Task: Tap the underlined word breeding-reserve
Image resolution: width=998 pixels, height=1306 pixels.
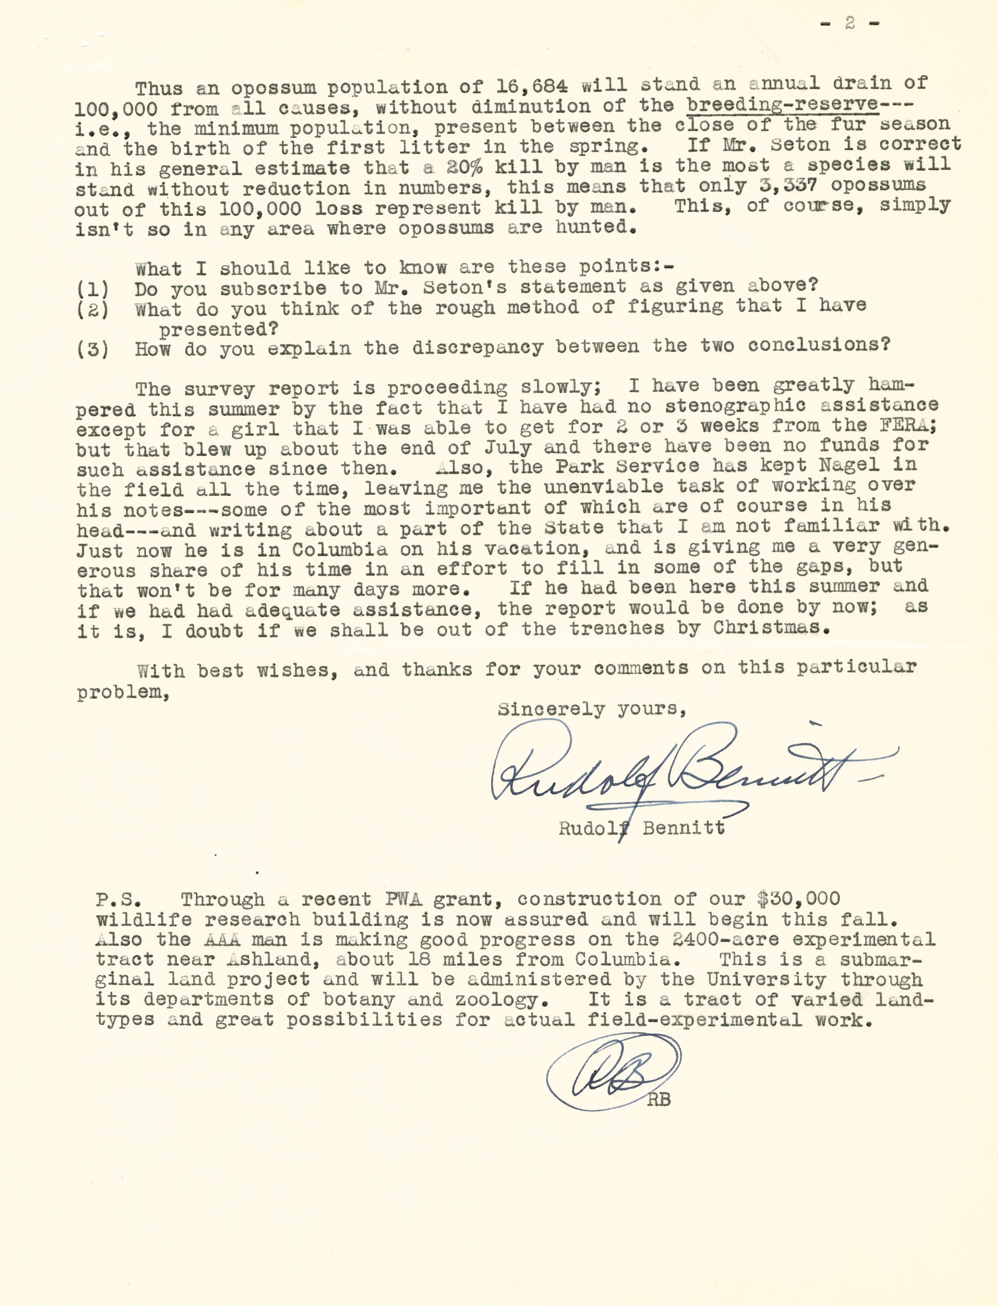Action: (782, 104)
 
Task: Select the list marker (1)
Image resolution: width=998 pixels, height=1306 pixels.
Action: (93, 289)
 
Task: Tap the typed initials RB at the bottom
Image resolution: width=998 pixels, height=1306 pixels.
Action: (659, 1100)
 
